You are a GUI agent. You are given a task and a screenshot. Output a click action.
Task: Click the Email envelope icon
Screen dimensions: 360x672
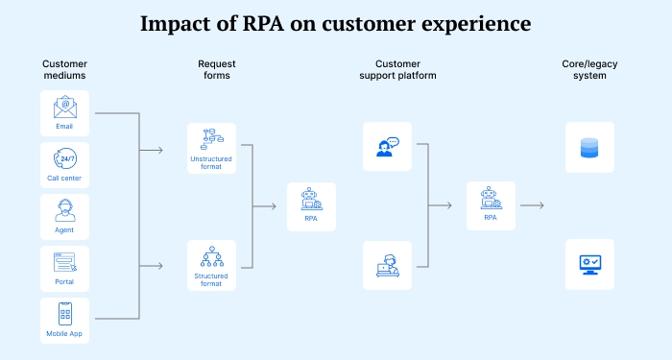65,107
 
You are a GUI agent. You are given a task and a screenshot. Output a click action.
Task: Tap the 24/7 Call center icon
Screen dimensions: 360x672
65,157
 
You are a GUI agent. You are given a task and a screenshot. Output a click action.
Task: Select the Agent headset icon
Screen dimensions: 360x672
65,210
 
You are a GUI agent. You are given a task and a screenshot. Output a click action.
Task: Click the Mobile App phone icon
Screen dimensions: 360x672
65,314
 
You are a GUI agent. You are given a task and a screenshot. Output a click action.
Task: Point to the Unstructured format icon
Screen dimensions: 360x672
211,140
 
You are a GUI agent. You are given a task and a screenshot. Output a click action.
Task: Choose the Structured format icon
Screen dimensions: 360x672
211,257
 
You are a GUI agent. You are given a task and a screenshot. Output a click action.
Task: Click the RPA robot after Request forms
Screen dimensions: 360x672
311,200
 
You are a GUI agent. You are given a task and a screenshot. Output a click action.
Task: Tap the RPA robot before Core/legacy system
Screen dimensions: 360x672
490,199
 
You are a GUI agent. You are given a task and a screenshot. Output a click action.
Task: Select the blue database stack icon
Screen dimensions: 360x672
588,147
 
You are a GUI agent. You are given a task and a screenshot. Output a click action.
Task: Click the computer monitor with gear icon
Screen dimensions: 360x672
588,264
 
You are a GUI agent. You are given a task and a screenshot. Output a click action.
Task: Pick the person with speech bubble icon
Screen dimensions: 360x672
387,146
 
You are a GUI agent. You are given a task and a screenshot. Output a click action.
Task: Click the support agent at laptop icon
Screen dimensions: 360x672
387,264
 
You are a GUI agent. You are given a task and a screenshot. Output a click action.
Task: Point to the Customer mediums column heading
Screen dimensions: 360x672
65,70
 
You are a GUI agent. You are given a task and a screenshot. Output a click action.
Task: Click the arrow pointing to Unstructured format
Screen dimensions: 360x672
151,150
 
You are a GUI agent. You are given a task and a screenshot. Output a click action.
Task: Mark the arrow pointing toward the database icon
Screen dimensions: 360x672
533,204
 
